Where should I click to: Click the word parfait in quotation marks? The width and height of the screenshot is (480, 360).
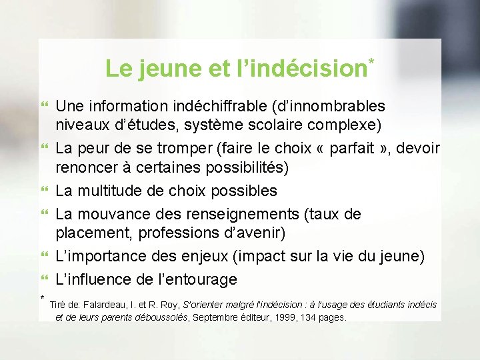pos(364,147)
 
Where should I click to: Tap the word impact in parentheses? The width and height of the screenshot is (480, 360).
pos(296,256)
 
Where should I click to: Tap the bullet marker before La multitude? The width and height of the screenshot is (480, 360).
pos(45,191)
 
